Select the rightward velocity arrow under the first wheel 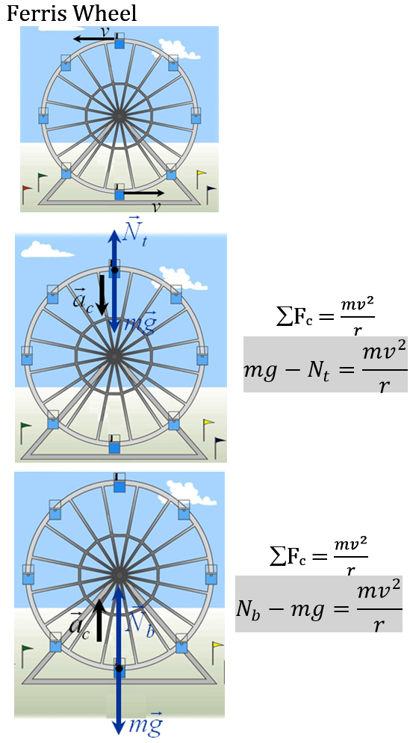143,194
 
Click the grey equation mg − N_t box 326,364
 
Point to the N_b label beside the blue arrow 140,622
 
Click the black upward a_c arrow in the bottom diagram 99,619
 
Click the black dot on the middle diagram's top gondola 114,269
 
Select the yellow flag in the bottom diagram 217,644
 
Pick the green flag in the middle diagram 27,428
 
